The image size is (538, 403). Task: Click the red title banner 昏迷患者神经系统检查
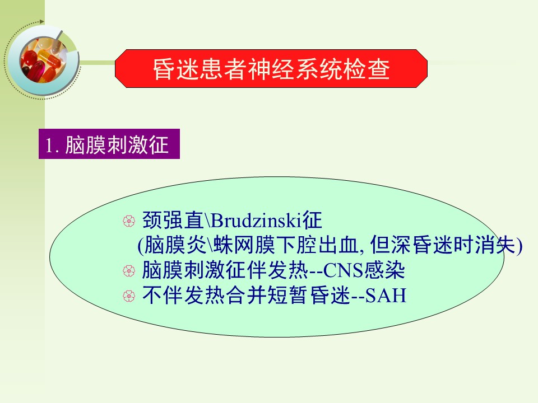click(271, 68)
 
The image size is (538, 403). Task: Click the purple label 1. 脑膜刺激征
click(109, 144)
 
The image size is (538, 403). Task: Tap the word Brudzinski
click(256, 220)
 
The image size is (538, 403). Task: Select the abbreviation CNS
click(343, 270)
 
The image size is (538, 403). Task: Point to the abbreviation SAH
click(386, 296)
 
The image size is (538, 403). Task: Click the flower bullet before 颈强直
click(129, 221)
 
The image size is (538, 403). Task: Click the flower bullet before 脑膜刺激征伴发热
click(129, 271)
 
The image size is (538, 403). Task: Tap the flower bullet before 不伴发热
click(129, 296)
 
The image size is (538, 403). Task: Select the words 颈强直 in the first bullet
click(173, 220)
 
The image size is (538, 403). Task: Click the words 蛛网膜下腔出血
click(286, 245)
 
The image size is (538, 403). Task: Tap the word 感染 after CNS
click(384, 270)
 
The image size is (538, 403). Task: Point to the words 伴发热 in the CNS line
click(277, 270)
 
